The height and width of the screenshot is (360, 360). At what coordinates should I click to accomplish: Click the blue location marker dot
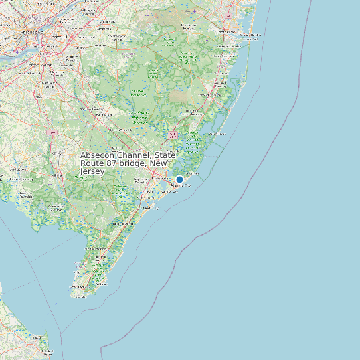(179, 179)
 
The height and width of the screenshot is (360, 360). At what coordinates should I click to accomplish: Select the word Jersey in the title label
(92, 171)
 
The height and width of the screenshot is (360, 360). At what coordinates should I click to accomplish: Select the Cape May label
(79, 297)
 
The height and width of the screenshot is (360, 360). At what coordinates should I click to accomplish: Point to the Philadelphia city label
(30, 31)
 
